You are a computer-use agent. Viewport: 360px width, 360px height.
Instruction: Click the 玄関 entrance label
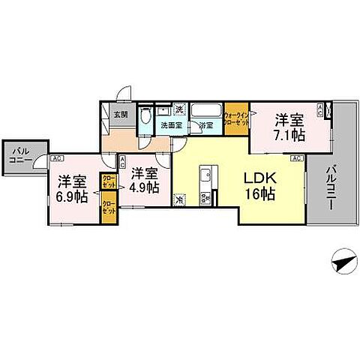click(119, 115)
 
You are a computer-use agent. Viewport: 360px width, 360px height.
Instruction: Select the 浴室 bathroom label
click(206, 126)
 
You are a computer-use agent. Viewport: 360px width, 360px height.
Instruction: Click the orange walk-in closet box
click(237, 117)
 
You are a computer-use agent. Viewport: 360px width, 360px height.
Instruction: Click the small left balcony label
click(16, 155)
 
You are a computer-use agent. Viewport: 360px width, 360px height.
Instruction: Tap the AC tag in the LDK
click(296, 158)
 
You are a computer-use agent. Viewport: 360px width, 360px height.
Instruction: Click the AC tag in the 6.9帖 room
click(57, 158)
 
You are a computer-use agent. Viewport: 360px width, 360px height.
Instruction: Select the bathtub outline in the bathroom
click(206, 112)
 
